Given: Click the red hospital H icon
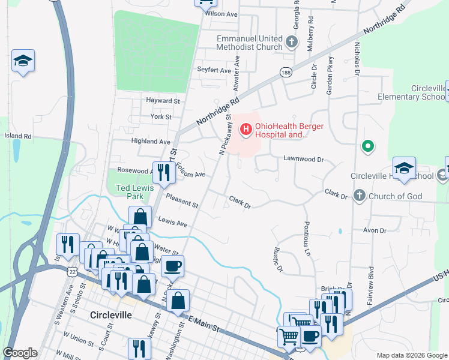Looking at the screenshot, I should pos(245,128).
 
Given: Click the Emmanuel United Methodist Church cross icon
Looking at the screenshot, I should pos(292,42).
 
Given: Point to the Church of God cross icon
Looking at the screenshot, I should pos(359,196).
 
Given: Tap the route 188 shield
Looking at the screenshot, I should pos(286,72).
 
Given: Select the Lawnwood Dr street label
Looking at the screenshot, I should pos(304,160).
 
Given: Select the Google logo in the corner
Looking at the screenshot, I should pos(20,353).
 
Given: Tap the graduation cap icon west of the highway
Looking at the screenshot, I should pos(23,61).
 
